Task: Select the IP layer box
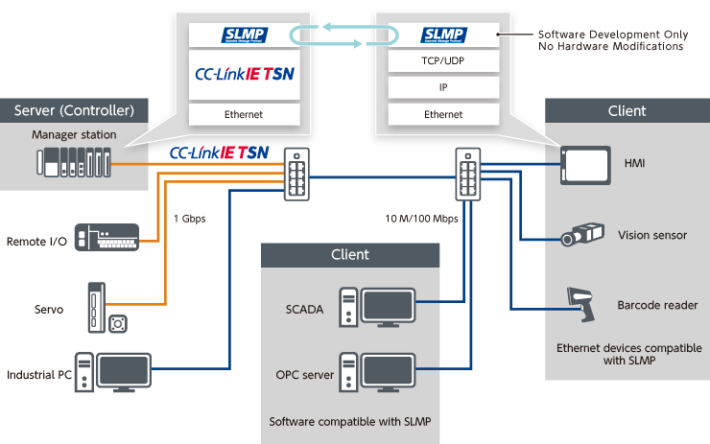point(442,88)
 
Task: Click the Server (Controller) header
point(81,109)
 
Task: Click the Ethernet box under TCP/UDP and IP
point(442,114)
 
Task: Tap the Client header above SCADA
point(349,255)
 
